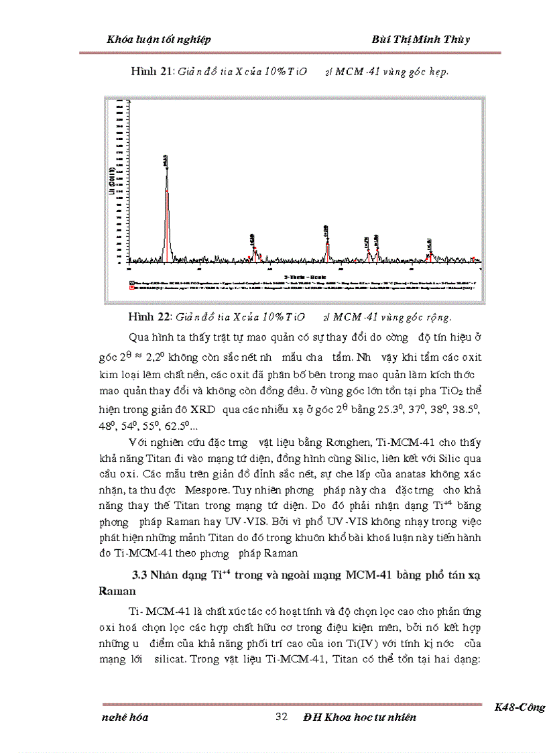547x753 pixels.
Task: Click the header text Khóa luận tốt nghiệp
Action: point(159,39)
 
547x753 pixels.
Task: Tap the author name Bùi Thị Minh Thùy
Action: point(420,39)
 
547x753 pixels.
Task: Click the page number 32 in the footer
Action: point(282,717)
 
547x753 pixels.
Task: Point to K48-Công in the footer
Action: point(520,707)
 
